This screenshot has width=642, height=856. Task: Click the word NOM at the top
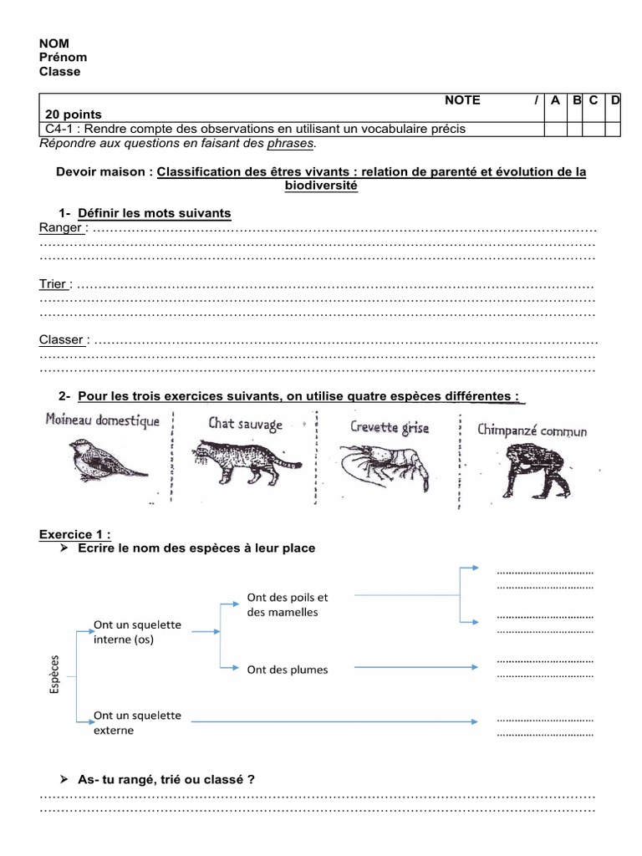54,43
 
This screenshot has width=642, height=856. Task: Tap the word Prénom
64,57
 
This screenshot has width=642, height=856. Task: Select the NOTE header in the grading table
462,100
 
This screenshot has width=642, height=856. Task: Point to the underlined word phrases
291,144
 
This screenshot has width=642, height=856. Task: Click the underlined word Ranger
61,227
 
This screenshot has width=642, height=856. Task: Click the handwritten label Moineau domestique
103,420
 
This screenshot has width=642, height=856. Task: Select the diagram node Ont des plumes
288,670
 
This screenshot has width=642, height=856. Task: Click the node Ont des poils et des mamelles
288,604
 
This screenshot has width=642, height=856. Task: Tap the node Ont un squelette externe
137,723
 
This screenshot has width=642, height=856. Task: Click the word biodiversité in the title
321,186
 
